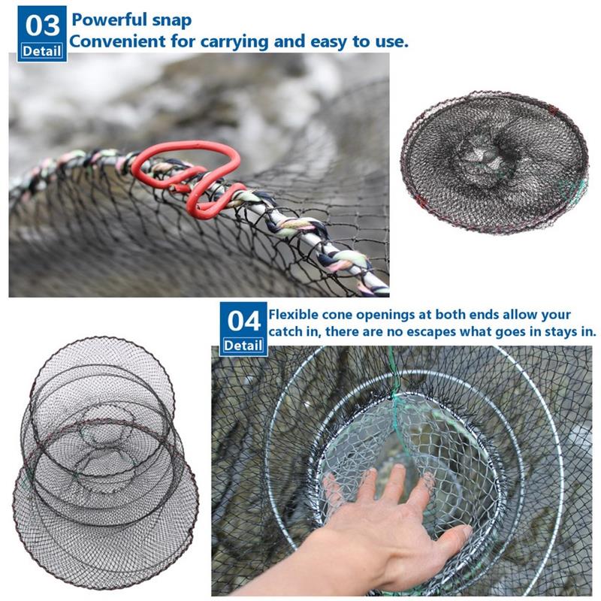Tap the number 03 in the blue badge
[43, 26]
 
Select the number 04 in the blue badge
[243, 321]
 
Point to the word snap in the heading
[172, 20]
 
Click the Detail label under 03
[42, 51]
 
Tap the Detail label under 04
[243, 346]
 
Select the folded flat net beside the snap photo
[494, 162]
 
